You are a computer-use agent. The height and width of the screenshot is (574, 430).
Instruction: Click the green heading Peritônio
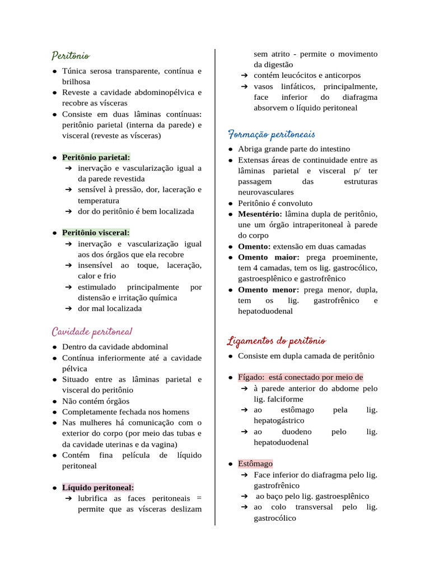(x=71, y=56)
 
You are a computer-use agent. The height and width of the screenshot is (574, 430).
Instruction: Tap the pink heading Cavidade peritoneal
(x=92, y=331)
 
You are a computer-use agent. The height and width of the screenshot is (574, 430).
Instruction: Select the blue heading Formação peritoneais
(x=272, y=135)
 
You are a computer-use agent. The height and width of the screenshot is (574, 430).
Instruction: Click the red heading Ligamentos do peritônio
(x=277, y=341)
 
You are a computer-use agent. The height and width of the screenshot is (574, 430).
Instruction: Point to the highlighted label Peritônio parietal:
(x=96, y=158)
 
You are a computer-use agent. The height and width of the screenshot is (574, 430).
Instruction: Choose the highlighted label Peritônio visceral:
(x=96, y=233)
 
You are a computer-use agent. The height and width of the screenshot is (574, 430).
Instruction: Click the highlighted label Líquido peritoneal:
(x=98, y=488)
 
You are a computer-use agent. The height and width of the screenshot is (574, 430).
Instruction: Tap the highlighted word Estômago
(x=255, y=464)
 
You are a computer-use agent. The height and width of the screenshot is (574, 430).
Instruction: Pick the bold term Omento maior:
(x=269, y=257)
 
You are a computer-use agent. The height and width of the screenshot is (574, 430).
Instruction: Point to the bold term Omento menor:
(x=269, y=290)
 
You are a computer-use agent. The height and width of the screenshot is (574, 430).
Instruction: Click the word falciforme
(x=287, y=399)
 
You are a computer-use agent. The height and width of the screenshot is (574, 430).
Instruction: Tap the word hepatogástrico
(x=279, y=420)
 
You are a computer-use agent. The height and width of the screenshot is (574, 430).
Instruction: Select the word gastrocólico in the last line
(x=275, y=519)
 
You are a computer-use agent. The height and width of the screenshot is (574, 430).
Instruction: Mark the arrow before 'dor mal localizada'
(x=67, y=309)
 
